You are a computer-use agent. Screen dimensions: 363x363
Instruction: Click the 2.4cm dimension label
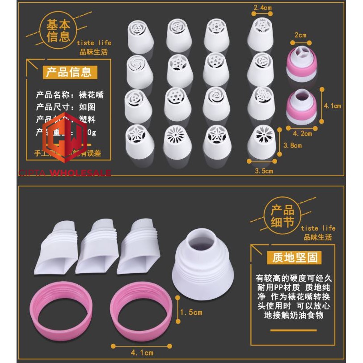click(262, 7)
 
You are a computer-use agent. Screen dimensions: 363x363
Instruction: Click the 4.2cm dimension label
click(303, 133)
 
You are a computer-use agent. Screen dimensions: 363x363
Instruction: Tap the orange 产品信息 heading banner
click(68, 72)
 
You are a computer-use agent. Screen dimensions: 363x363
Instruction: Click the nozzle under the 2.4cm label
click(262, 34)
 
